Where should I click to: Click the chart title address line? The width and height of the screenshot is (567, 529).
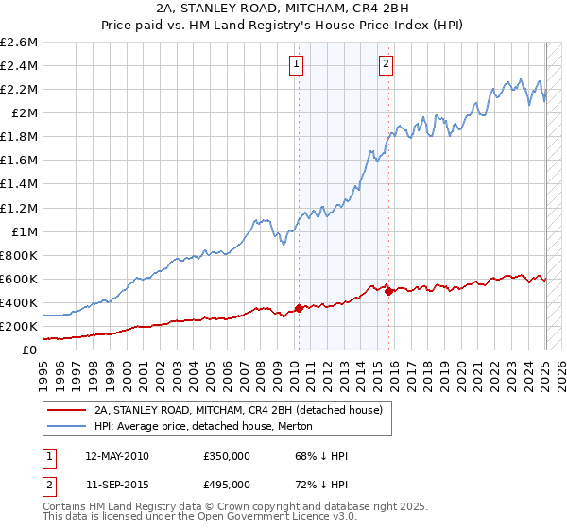point(283,8)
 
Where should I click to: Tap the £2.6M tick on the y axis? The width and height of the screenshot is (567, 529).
point(20,43)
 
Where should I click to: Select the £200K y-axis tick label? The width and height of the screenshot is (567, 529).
point(20,326)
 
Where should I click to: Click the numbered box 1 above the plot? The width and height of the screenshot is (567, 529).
point(297,64)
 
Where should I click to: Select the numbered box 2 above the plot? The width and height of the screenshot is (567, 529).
point(387,64)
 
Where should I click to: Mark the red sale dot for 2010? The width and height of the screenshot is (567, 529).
point(300,308)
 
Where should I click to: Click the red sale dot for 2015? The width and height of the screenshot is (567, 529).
point(388,291)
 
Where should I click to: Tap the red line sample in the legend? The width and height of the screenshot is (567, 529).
point(67,410)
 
